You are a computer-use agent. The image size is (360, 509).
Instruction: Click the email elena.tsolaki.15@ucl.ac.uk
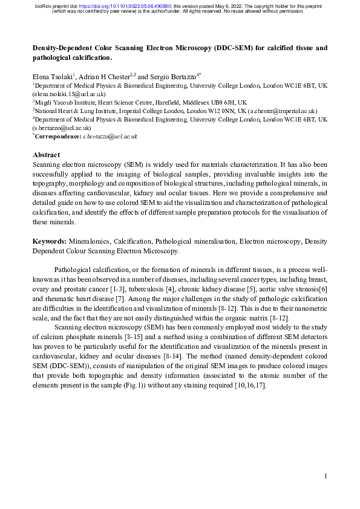(x=70, y=94)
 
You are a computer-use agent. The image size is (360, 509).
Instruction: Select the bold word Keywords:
(x=49, y=241)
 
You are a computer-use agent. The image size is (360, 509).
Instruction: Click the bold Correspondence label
(x=57, y=137)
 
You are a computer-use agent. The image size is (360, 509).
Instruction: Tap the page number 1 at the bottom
(x=326, y=476)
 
